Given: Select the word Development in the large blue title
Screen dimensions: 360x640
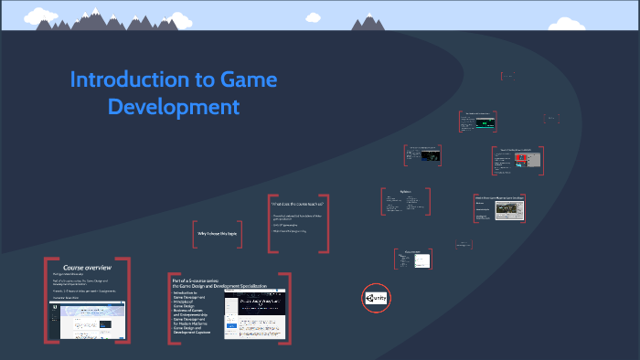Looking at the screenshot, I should point(174,106).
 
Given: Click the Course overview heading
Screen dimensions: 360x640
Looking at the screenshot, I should point(87,267).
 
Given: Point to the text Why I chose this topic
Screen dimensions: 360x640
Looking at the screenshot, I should point(218,234).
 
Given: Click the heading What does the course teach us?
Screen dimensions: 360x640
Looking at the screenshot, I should point(296,203).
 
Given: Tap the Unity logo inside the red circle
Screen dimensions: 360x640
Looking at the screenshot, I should point(376,298).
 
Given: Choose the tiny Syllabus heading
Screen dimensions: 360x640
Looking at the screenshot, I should point(406,191).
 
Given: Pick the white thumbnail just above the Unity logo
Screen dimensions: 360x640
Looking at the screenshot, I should point(421,260).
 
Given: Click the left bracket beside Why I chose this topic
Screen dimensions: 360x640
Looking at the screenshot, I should point(195,235).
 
